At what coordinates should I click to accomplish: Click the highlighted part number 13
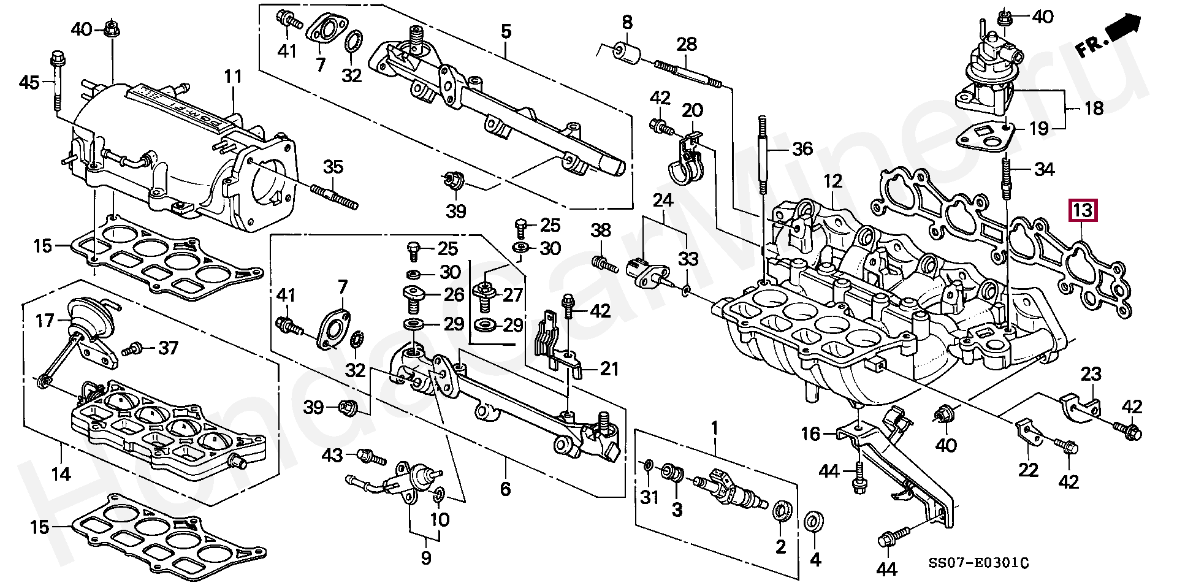pos(1083,210)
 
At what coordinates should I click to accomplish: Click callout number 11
pos(233,77)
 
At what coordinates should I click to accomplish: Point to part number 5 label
pos(506,31)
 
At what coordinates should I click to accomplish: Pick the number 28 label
pos(687,44)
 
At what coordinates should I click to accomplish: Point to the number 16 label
pos(810,434)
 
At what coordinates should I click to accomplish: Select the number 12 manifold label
pos(833,181)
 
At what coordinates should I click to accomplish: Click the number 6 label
pos(505,489)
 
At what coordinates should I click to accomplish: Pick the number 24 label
pos(663,200)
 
